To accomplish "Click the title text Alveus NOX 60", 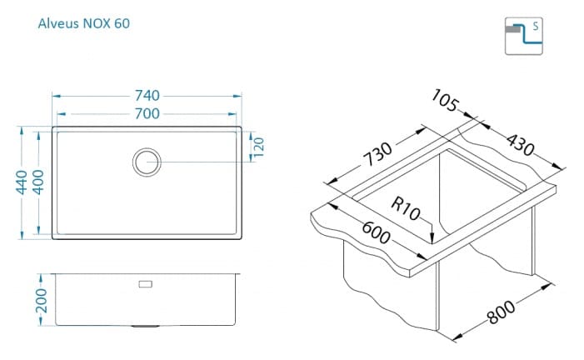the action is pos(84,23).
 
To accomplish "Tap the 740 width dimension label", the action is pos(147,96).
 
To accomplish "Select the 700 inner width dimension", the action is pos(147,113).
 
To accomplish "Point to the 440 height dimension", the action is pos(21,182).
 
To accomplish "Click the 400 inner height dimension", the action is pos(38,182).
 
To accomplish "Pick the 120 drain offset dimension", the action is pos(258,147).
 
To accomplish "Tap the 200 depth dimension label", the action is pos(41,300).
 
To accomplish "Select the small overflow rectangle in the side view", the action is pos(145,284).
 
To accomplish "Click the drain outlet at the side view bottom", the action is pos(145,326).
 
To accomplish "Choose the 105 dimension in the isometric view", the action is pos(445,100).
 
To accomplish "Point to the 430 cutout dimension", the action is pos(521,145).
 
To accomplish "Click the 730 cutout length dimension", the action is pos(377,154).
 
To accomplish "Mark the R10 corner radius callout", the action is pos(405,208).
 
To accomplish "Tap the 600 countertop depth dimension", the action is pos(377,232).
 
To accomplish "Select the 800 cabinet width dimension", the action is pos(502,312).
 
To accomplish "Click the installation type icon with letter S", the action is pos(524,36).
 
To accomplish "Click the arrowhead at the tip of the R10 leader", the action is pos(432,238).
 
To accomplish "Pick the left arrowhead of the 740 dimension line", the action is pos(57,96).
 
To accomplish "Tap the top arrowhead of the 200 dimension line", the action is pos(41,278).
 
